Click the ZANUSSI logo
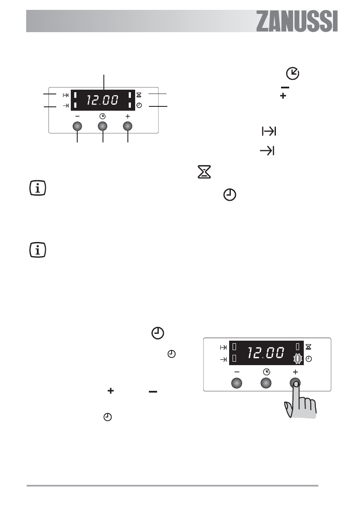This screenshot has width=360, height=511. click(297, 21)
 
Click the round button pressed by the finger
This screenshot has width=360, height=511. click(295, 383)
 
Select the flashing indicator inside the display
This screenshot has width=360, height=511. click(298, 359)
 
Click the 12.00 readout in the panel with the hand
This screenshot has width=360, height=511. click(266, 353)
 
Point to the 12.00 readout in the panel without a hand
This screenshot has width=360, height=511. click(102, 100)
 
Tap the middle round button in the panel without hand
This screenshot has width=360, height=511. click(103, 126)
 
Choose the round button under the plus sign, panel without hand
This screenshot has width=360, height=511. click(127, 126)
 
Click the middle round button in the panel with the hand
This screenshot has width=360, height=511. click(266, 383)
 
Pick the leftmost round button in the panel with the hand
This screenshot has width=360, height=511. click(236, 383)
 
